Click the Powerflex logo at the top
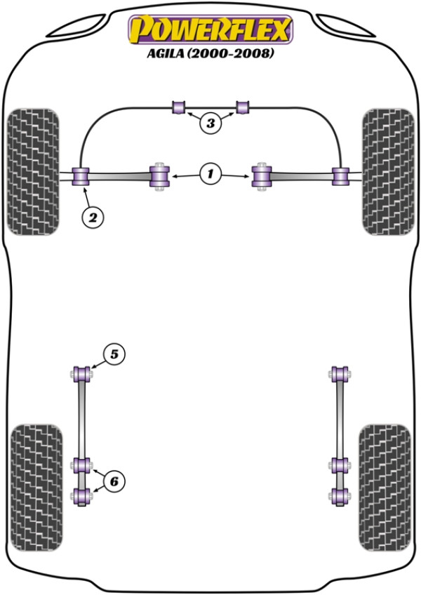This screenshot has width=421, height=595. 210,29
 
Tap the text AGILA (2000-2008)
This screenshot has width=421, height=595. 210,53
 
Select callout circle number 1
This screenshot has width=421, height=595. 210,174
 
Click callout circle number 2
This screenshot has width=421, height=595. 93,218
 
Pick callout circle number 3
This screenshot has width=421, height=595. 210,123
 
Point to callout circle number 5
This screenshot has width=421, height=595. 114,354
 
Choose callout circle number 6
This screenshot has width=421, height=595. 114,481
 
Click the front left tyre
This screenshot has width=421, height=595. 33,172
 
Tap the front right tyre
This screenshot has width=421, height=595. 388,172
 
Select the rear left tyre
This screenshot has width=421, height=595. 36,488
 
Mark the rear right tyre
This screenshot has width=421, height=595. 385,488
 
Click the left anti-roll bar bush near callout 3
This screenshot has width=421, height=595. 178,107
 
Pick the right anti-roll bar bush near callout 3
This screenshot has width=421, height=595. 242,107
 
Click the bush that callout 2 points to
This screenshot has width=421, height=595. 81,176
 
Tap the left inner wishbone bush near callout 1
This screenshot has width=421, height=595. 159,176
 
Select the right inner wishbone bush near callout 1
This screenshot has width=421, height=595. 262,176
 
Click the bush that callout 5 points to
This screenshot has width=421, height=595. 81,374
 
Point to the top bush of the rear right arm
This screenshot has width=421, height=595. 340,374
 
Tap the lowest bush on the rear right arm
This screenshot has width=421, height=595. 340,496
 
